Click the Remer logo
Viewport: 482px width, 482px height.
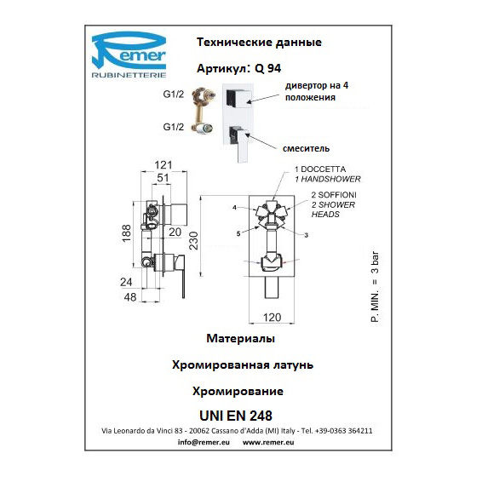point(129,55)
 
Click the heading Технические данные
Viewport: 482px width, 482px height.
point(259,42)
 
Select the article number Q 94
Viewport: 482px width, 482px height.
point(267,68)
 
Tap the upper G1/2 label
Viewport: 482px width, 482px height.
point(174,94)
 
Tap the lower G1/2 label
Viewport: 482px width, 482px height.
point(174,127)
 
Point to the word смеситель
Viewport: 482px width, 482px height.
point(306,148)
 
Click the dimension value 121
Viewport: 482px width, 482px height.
point(163,165)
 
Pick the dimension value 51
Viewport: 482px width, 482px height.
point(163,178)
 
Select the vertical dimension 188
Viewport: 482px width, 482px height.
point(127,233)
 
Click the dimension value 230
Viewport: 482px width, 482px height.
point(193,241)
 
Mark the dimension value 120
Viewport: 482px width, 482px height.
point(272,318)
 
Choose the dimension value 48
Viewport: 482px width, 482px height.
point(130,297)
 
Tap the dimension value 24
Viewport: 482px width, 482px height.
point(126,282)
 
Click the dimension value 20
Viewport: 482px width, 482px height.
point(175,232)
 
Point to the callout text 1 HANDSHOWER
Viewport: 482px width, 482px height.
point(328,179)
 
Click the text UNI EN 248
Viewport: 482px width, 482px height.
point(236,416)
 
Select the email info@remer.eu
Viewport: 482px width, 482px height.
point(204,442)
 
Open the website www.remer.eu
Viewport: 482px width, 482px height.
point(268,442)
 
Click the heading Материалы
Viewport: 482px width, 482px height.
point(241,338)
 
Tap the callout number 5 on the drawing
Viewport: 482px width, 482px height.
point(238,234)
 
